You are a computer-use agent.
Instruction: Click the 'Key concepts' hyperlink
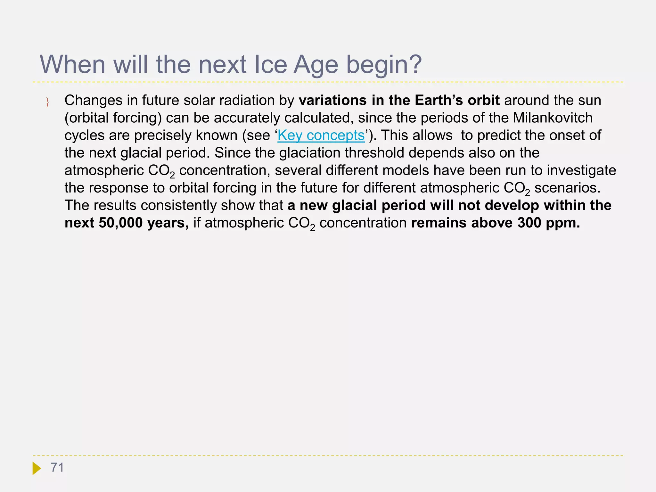[x=321, y=135]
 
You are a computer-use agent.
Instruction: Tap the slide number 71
[x=57, y=468]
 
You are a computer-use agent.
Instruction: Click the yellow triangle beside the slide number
[x=36, y=468]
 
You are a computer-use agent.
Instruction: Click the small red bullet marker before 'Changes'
[x=47, y=102]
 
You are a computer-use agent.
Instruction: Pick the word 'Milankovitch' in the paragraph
[x=553, y=118]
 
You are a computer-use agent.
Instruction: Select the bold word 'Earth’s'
[x=439, y=100]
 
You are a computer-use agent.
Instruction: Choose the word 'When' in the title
[x=72, y=65]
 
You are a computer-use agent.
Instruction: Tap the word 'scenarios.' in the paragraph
[x=567, y=188]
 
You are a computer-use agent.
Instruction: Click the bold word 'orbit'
[x=483, y=100]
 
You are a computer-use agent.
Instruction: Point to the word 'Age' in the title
[x=316, y=65]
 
